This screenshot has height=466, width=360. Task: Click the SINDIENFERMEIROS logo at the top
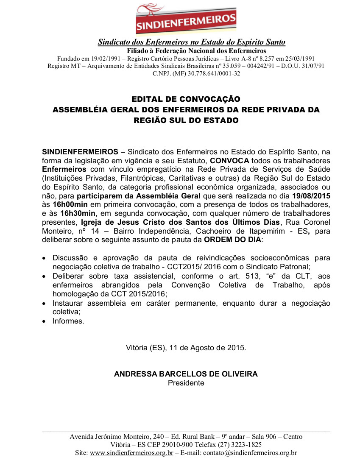186,19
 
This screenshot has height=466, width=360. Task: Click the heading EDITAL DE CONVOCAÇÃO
186,99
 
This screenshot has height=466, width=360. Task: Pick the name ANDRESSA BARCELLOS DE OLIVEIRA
186,374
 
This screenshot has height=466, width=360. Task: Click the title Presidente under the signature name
186,383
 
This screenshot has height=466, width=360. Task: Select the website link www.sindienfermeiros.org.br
131,453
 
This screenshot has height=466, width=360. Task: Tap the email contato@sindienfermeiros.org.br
250,453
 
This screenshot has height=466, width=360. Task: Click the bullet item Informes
68,321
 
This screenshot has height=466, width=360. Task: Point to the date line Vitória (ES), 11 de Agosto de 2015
186,348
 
